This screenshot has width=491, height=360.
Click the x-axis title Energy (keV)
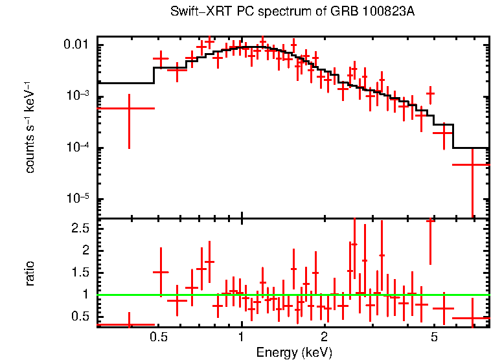tap(294, 352)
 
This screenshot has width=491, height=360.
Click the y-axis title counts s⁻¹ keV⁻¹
tap(30, 127)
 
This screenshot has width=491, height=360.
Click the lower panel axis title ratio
tap(30, 273)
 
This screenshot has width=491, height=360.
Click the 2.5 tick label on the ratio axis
tap(80, 228)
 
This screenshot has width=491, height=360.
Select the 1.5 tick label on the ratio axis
tap(80, 272)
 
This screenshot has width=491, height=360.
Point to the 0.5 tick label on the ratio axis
tap(80, 316)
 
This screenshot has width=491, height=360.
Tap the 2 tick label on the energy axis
tap(324, 337)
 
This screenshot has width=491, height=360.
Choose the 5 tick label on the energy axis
tap(434, 337)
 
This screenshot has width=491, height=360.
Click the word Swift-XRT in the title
tap(194, 12)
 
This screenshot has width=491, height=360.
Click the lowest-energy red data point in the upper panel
tap(129, 108)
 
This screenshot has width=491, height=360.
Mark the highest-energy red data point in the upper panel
tap(472, 164)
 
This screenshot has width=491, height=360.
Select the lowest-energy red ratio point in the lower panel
tap(129, 324)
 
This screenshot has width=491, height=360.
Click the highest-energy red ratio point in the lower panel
tap(472, 319)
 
